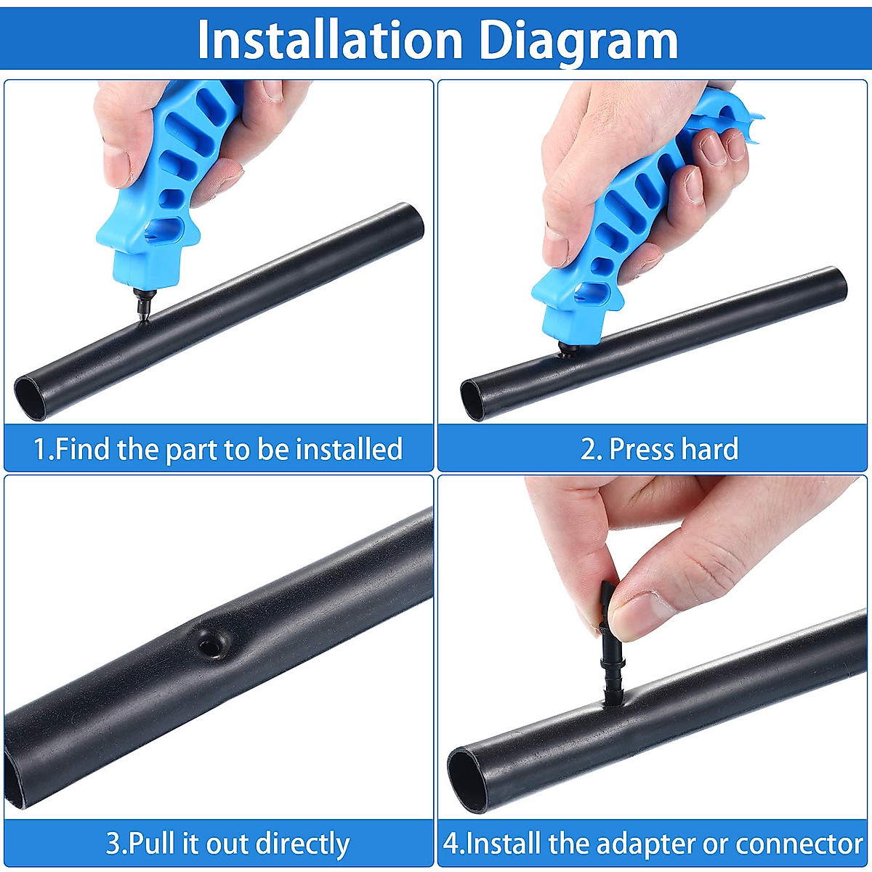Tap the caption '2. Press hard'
[659, 449]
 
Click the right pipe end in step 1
[416, 223]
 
